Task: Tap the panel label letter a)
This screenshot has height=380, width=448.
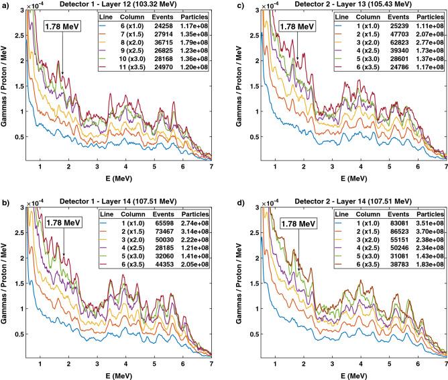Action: (5, 5)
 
